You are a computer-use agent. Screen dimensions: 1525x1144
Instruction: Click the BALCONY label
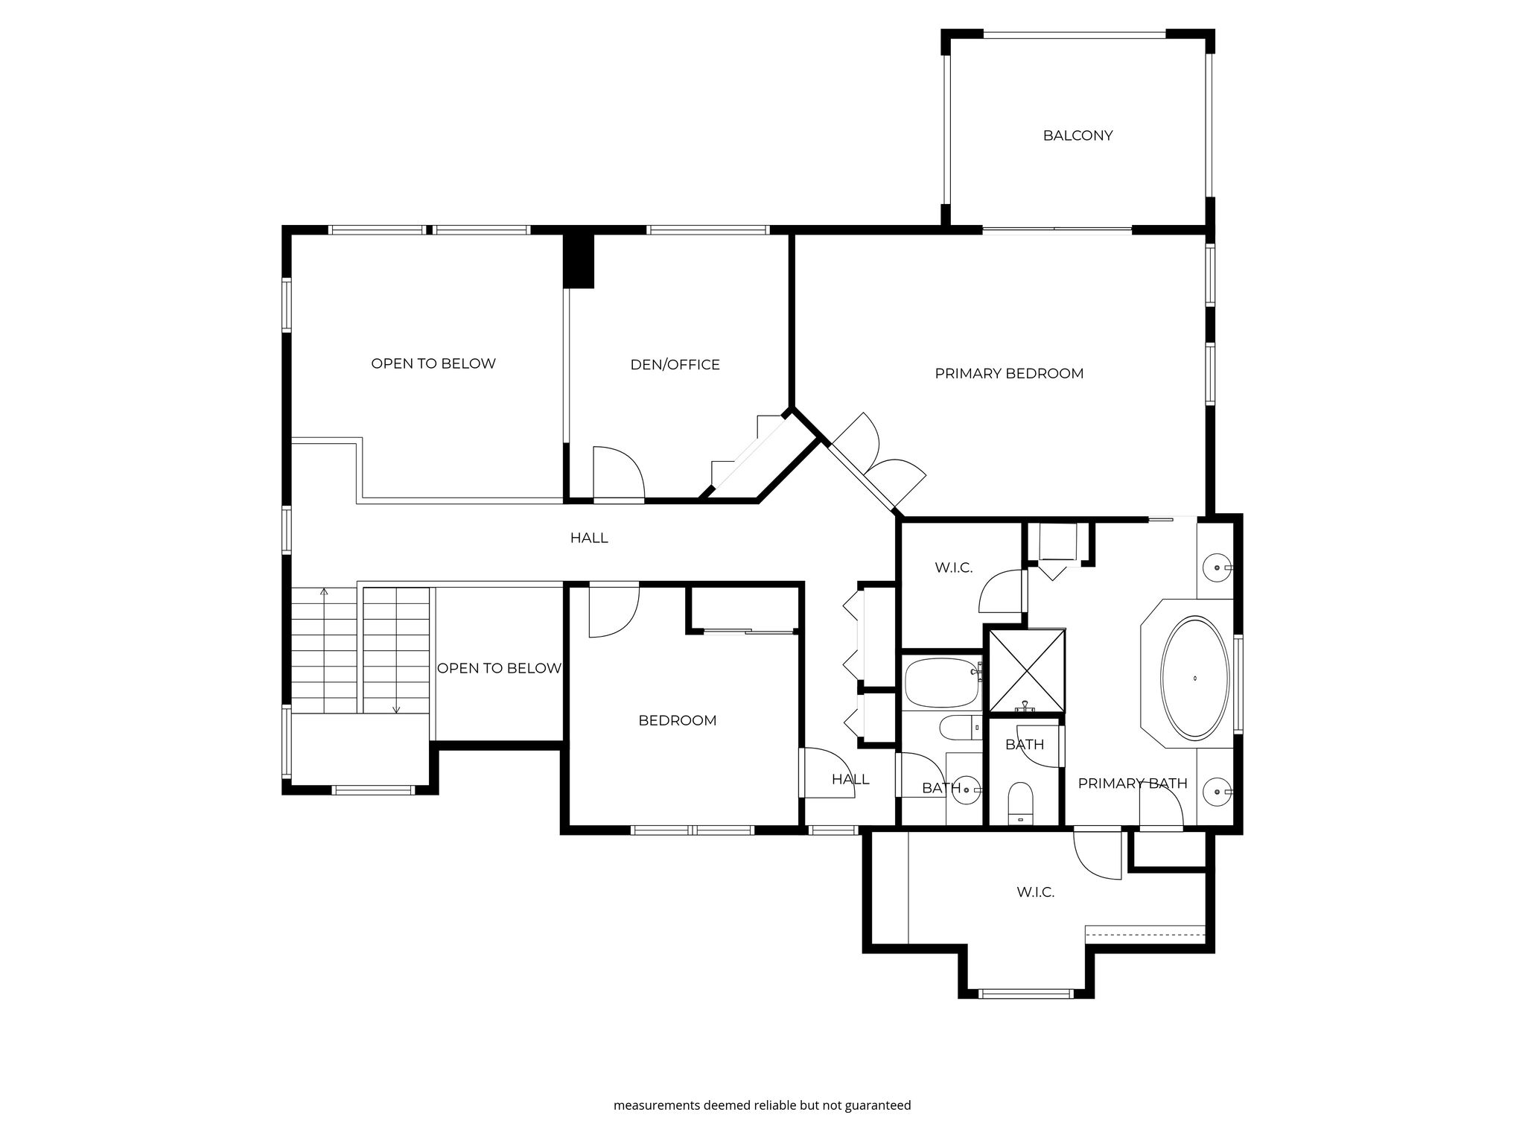click(1077, 136)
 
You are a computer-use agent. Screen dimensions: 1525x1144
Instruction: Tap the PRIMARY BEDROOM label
click(1009, 373)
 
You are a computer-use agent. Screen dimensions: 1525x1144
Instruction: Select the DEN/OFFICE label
click(675, 364)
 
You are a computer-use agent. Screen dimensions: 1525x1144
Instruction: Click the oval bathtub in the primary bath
click(1195, 678)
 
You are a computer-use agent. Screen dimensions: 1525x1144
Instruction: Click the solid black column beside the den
click(578, 261)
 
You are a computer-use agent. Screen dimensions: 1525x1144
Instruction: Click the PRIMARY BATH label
click(1132, 783)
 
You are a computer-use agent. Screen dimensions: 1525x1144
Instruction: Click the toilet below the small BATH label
click(1020, 803)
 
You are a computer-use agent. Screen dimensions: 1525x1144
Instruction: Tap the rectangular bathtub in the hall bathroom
click(942, 683)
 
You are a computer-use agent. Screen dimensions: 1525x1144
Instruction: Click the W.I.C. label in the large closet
click(1035, 892)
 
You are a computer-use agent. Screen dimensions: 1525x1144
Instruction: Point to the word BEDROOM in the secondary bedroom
click(678, 720)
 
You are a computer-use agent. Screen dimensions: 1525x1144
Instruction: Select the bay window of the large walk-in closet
click(1025, 993)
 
